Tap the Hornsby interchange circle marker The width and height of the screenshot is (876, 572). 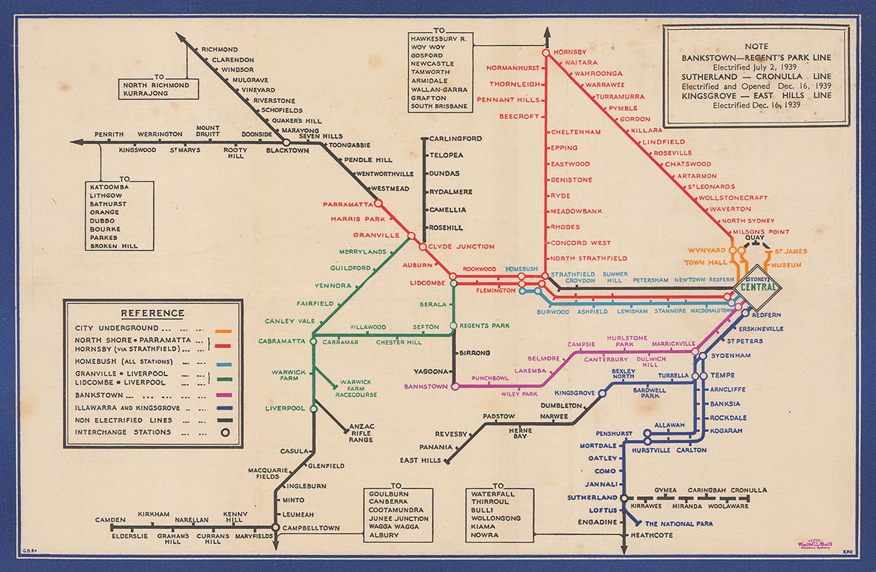pyautogui.click(x=545, y=53)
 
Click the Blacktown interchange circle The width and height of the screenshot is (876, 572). pyautogui.click(x=286, y=142)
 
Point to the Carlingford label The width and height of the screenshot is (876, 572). pyautogui.click(x=456, y=139)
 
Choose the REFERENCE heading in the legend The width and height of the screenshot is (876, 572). pyautogui.click(x=153, y=314)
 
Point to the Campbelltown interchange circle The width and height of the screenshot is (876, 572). pyautogui.click(x=275, y=527)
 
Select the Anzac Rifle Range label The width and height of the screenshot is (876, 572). pyautogui.click(x=361, y=433)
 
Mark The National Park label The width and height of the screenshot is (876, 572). pyautogui.click(x=679, y=524)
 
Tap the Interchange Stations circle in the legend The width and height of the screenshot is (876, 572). pyautogui.click(x=226, y=432)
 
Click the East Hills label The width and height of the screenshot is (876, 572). pyautogui.click(x=420, y=460)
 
